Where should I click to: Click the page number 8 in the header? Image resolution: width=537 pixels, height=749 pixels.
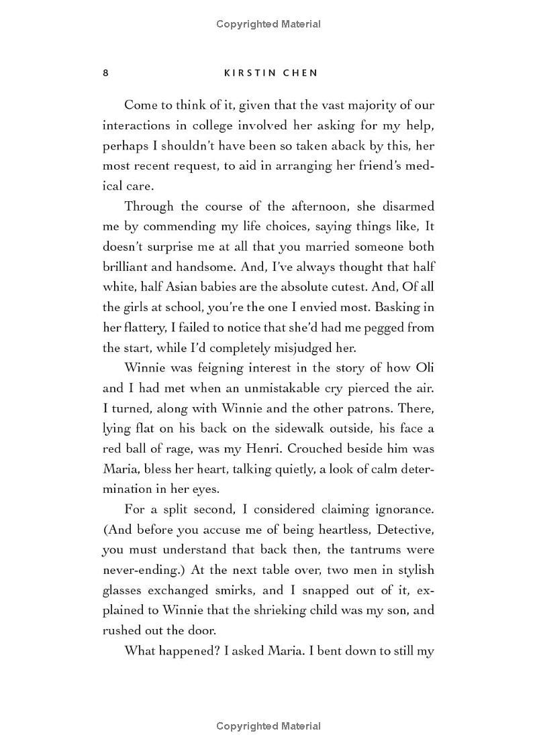105,72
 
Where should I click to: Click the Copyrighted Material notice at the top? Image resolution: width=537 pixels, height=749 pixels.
268,24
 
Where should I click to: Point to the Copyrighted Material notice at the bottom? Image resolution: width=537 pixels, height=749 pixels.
268,726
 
